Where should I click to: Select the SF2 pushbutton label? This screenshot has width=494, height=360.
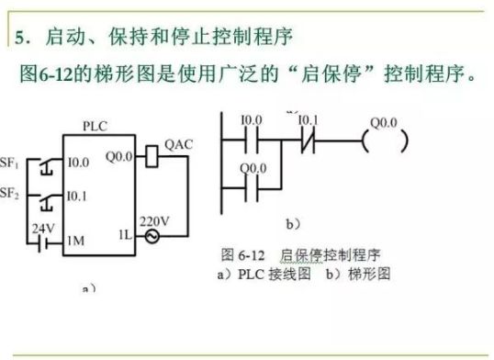pyautogui.click(x=11, y=194)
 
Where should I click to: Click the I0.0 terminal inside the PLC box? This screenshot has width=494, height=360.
pyautogui.click(x=78, y=163)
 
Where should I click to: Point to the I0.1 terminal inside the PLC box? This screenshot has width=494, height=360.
pyautogui.click(x=78, y=196)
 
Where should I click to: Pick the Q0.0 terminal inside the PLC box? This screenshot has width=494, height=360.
pyautogui.click(x=119, y=156)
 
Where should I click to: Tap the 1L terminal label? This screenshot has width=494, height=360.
pyautogui.click(x=126, y=236)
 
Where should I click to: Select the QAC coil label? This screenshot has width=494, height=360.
pyautogui.click(x=177, y=144)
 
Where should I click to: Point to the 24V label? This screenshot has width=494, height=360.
pyautogui.click(x=42, y=227)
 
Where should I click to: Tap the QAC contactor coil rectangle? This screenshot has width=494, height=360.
pyautogui.click(x=152, y=157)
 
